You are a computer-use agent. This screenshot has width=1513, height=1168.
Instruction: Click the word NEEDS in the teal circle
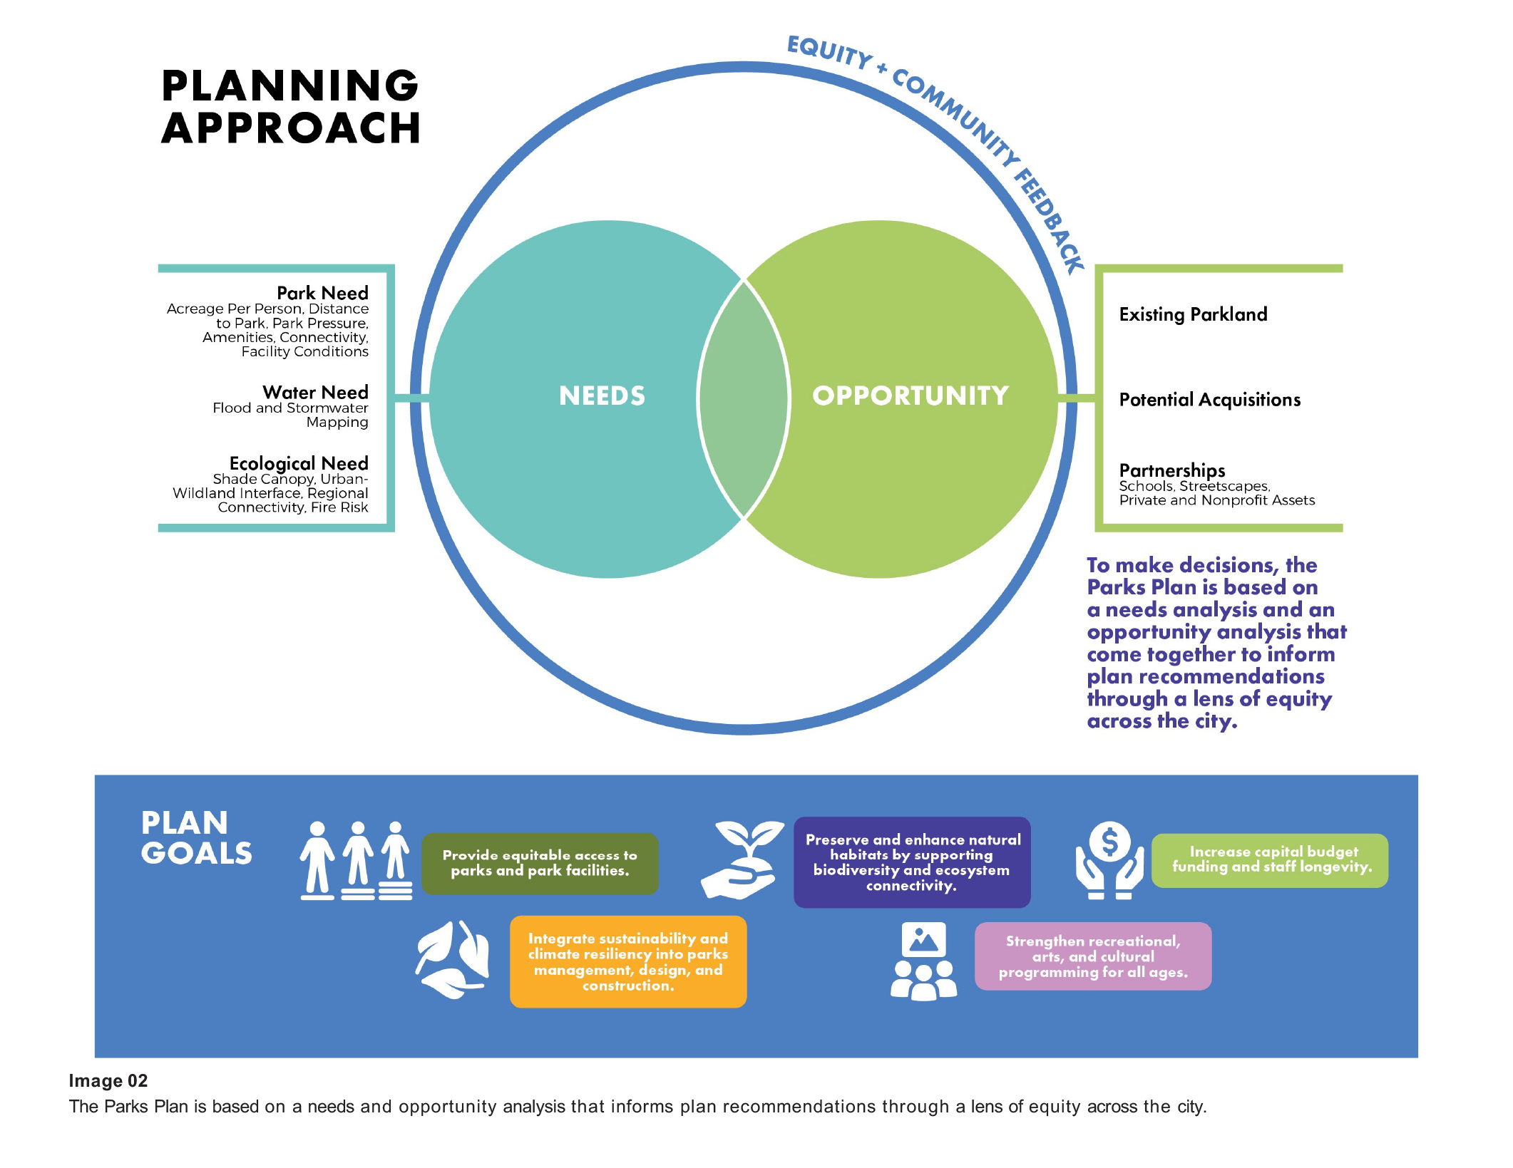[602, 396]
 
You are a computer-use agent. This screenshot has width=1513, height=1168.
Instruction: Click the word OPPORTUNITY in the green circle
[911, 396]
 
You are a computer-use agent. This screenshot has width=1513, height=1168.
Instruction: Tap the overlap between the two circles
[744, 399]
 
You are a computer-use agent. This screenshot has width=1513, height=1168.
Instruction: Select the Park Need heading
[322, 293]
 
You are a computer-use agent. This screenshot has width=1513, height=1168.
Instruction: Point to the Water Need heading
[315, 392]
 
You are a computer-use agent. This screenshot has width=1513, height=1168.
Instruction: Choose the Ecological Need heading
[299, 463]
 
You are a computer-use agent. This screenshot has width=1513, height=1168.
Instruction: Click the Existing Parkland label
[1193, 314]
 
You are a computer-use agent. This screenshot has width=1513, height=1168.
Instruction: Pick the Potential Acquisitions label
[1209, 400]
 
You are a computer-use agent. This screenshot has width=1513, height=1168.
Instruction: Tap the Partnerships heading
[1171, 470]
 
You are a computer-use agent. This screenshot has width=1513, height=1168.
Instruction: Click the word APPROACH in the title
[291, 129]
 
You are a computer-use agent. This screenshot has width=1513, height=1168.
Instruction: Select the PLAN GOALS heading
[196, 838]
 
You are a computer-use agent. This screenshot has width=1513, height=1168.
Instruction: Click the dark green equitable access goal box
[540, 863]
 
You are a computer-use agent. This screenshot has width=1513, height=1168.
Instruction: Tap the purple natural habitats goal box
[912, 862]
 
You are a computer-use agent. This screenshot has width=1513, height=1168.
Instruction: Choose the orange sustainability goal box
[627, 961]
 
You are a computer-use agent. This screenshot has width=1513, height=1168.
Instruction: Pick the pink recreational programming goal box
[1092, 956]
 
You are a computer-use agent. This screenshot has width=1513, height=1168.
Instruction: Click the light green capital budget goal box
[1269, 860]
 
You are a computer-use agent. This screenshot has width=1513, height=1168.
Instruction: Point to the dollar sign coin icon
[1109, 842]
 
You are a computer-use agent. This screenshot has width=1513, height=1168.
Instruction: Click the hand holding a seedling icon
[742, 859]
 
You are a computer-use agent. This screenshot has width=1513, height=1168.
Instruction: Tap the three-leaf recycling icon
[453, 959]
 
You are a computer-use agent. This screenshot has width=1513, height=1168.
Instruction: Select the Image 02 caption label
[108, 1081]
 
